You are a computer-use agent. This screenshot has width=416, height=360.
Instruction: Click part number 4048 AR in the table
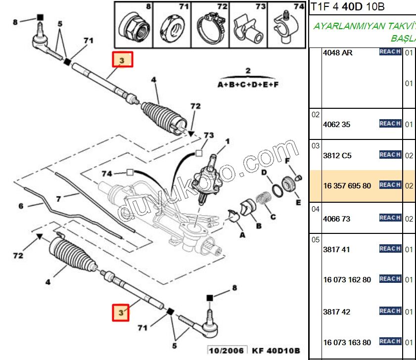click(x=337, y=52)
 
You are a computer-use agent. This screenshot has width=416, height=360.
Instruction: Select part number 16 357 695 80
click(x=347, y=185)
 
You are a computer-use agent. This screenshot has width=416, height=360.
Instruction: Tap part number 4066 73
click(x=336, y=218)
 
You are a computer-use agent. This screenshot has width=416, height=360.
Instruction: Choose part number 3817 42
click(x=336, y=312)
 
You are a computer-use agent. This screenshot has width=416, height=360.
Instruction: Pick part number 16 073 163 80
click(x=347, y=342)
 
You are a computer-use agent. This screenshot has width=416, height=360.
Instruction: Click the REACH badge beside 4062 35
click(x=390, y=124)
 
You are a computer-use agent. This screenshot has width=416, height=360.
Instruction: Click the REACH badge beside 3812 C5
click(x=390, y=155)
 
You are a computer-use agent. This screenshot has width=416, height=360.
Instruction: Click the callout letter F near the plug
click(x=286, y=161)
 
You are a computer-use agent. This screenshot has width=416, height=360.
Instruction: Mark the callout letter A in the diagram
click(x=242, y=235)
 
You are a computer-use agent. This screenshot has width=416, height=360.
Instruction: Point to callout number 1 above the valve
click(x=228, y=141)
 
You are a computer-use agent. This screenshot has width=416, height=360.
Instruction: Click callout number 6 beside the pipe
click(x=21, y=206)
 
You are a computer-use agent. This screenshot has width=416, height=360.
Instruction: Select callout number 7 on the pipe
click(x=58, y=199)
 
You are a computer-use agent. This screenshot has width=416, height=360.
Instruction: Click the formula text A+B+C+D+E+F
click(x=248, y=85)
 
